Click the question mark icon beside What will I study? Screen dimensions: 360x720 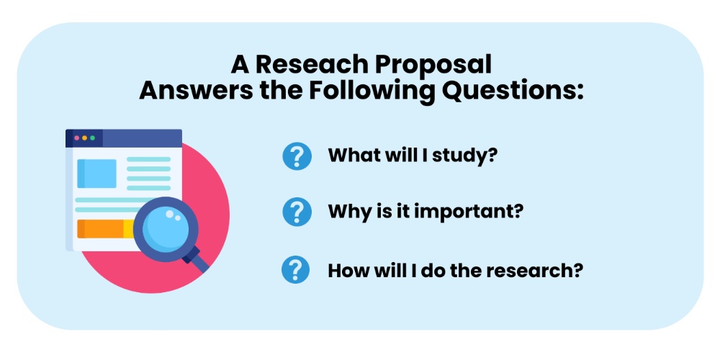(297, 156)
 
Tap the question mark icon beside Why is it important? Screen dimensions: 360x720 (297, 212)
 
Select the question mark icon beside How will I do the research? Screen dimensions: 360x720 (297, 271)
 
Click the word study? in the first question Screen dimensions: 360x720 (465, 156)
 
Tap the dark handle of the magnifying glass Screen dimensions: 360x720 (197, 259)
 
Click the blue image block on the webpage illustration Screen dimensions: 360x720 (97, 174)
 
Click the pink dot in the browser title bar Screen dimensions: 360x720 (77, 138)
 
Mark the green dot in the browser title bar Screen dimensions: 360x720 (93, 138)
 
